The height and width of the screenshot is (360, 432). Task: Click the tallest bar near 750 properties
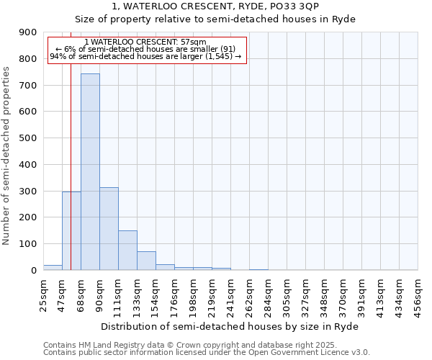tap(90, 172)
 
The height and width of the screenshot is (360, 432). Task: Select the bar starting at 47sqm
tap(71, 231)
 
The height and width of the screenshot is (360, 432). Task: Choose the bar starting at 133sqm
tap(146, 261)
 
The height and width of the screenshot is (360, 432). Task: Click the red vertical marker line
tap(71, 144)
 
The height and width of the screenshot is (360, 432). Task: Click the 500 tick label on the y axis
tap(28, 138)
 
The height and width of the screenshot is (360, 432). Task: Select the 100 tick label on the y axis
tap(28, 244)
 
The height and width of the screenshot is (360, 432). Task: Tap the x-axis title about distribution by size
tap(229, 326)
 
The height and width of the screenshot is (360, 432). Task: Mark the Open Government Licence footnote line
tap(207, 353)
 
